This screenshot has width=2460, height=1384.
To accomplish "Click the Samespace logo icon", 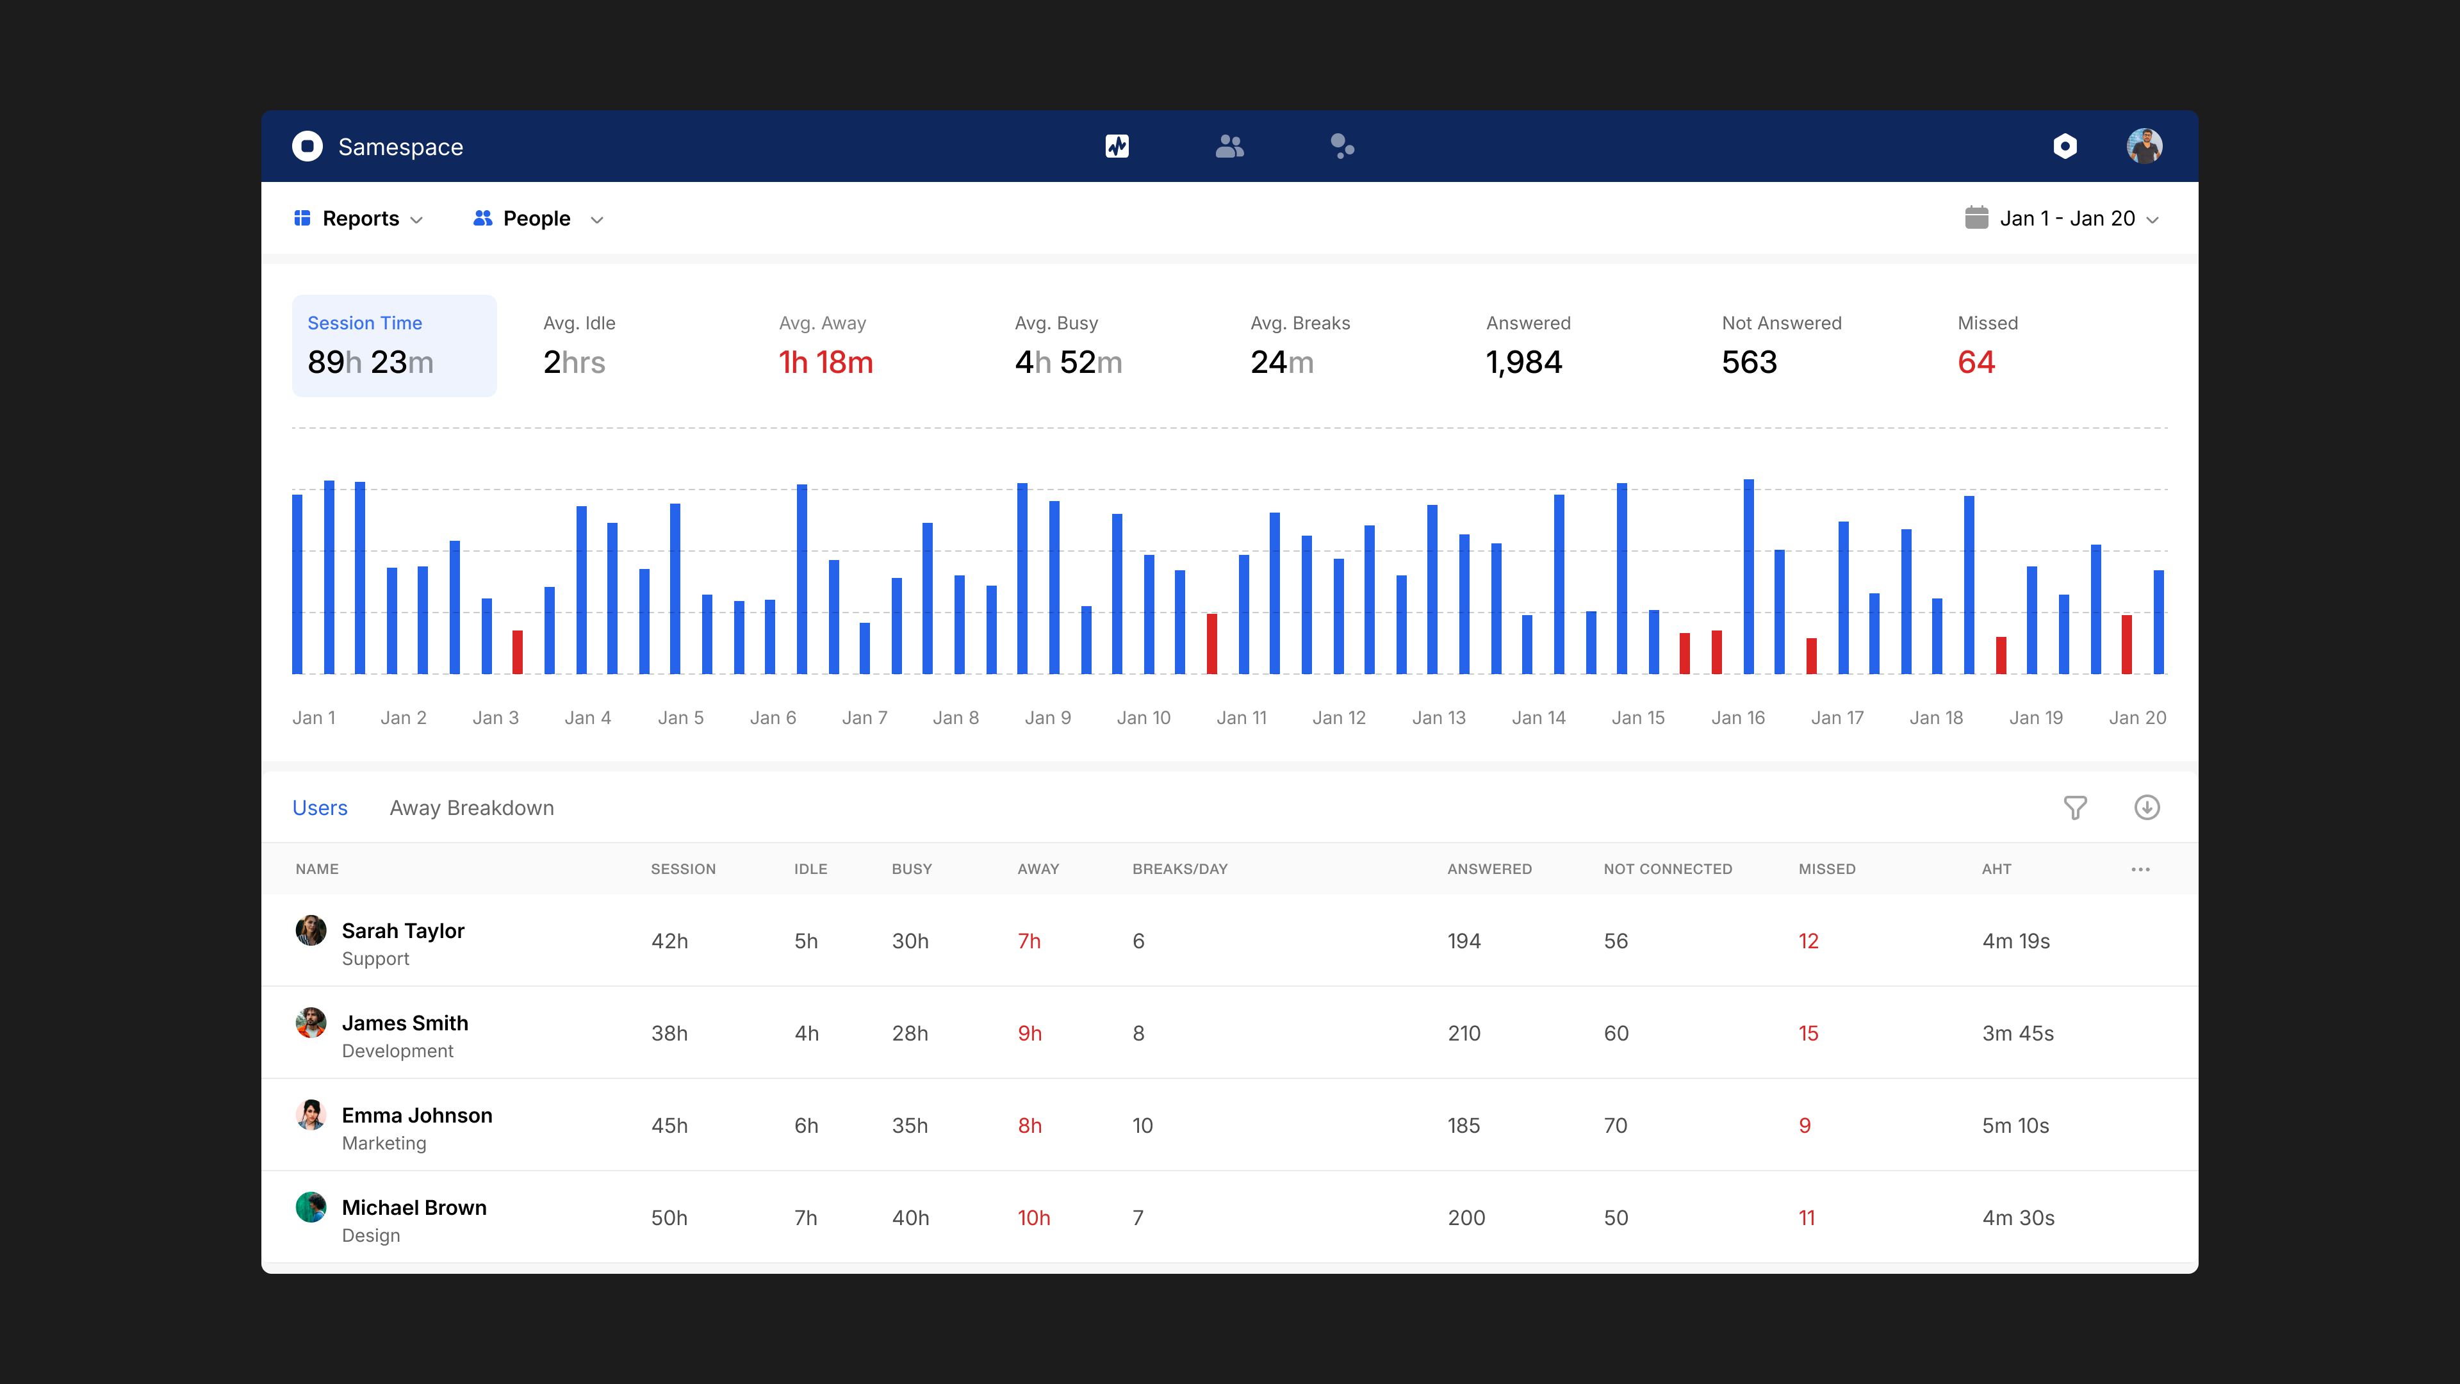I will click(307, 146).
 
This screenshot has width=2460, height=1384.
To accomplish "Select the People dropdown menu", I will click(537, 218).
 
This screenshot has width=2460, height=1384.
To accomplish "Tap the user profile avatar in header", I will click(2144, 146).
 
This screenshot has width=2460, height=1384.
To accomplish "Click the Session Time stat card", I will click(393, 346).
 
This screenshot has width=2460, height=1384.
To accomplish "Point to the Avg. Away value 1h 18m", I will click(825, 363).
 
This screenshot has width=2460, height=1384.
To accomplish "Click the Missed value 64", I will click(1976, 363).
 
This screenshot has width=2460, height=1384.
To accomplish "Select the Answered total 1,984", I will click(1523, 363).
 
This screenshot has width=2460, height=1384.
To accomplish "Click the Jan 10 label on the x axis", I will click(1143, 718).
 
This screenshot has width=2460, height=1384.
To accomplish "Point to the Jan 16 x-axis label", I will click(1737, 718).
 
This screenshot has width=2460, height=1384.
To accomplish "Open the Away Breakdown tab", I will click(471, 808).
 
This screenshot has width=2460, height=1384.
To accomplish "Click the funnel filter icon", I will click(2074, 808).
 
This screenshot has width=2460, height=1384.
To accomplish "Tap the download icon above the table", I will click(2147, 808).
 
